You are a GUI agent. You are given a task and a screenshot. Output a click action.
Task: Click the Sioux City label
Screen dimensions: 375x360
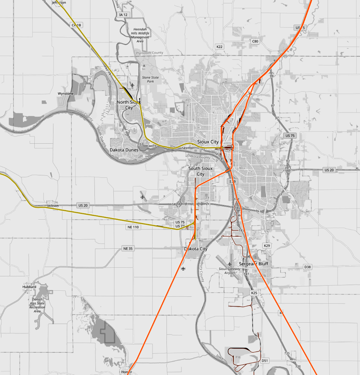(208, 142)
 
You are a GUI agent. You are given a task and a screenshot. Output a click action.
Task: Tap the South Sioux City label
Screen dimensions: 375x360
(200, 171)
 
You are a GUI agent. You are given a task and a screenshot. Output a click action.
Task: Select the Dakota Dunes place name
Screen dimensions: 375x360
(124, 150)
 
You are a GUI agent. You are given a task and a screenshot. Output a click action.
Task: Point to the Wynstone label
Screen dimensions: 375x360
(66, 94)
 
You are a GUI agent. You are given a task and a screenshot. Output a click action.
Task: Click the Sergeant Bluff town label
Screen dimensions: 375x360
(254, 264)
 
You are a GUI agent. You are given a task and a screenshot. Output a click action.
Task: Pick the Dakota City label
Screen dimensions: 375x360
(196, 249)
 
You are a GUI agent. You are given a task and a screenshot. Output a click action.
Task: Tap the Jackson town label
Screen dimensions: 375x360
(53, 206)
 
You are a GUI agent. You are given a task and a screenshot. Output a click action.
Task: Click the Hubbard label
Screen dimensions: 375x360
(29, 287)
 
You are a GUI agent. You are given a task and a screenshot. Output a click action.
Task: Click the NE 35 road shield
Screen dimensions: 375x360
(128, 249)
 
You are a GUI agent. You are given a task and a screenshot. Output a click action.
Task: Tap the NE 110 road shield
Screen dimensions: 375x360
(134, 227)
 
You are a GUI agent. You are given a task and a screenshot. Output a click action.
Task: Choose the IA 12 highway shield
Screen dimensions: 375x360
(123, 15)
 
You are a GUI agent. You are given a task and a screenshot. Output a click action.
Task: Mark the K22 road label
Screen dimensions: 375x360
(219, 47)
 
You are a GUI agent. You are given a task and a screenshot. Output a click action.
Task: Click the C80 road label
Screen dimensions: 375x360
(255, 41)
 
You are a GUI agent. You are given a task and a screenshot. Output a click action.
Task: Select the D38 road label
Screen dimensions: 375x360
(307, 267)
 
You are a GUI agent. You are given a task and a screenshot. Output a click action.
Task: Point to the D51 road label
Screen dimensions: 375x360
(265, 361)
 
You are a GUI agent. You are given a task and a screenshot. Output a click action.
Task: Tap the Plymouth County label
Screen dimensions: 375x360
(150, 53)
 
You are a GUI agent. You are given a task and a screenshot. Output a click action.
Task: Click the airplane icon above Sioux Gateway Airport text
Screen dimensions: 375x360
(230, 264)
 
